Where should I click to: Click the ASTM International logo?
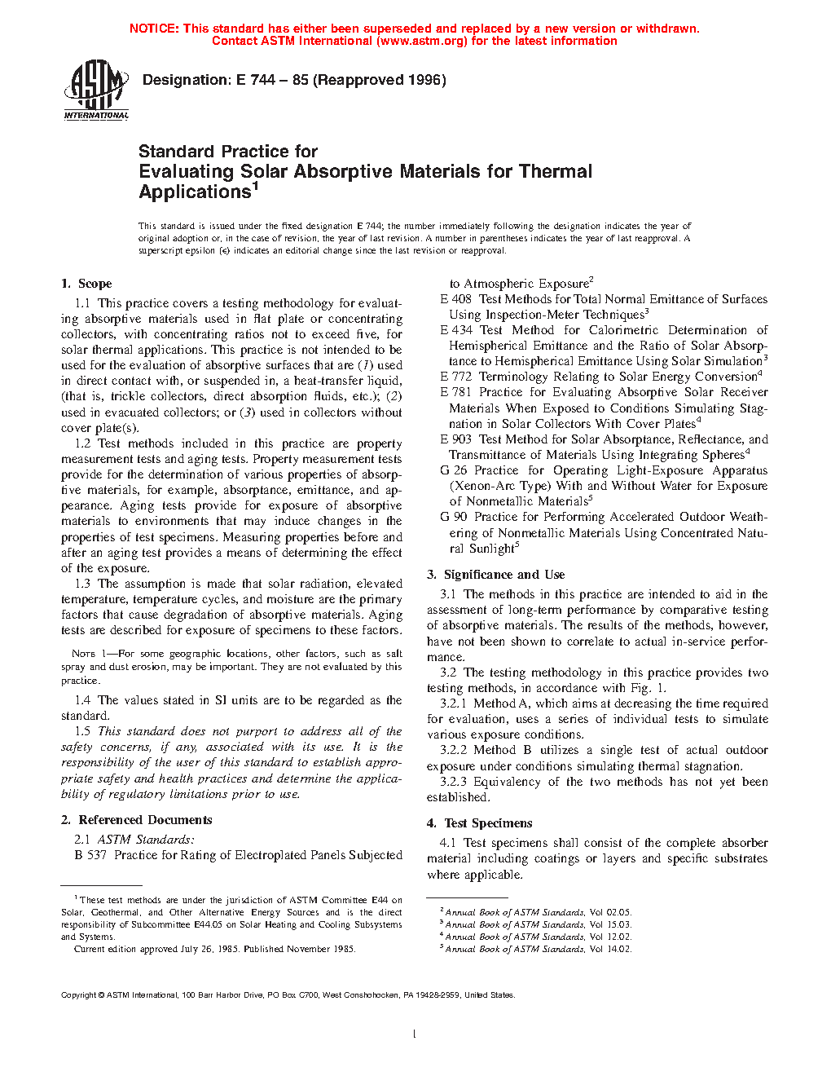click(x=96, y=90)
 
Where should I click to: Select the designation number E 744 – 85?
click(x=272, y=80)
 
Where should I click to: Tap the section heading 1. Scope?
click(x=86, y=284)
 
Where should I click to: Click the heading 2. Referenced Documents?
click(x=136, y=820)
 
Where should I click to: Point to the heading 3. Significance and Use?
click(x=495, y=575)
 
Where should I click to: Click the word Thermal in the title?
click(x=556, y=172)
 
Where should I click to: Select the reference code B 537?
click(x=90, y=855)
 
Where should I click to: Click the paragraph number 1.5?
click(x=82, y=731)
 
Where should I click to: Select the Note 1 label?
click(x=83, y=654)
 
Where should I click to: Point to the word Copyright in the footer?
click(x=79, y=994)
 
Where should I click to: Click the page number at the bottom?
click(x=415, y=1034)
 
